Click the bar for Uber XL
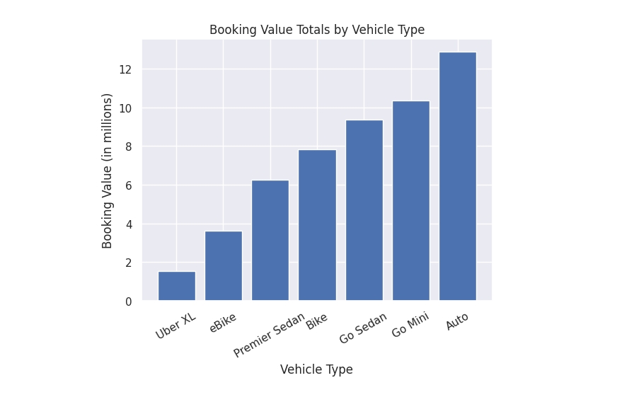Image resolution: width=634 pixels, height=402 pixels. [x=177, y=286]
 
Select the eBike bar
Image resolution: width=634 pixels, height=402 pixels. [x=224, y=265]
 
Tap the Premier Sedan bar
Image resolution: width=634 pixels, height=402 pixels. [x=270, y=240]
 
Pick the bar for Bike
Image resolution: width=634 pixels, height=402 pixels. [x=317, y=225]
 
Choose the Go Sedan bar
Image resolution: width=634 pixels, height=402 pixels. [x=364, y=210]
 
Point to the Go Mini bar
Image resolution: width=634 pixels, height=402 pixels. [x=411, y=200]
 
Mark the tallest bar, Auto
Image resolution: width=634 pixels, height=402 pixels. [x=458, y=176]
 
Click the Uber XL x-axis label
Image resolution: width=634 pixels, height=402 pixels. [x=176, y=326]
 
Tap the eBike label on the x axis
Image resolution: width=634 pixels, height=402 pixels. [x=223, y=322]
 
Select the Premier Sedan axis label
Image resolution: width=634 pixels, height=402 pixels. [x=269, y=335]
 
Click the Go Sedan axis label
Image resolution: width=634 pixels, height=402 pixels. [x=363, y=328]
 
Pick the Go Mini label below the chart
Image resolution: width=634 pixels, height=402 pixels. [x=410, y=325]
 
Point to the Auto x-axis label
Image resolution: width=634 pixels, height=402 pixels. [x=457, y=321]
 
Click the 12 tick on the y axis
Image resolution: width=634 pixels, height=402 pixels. [x=125, y=69]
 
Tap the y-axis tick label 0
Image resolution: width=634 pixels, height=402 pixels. [x=129, y=301]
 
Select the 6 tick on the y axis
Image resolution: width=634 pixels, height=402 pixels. [x=129, y=185]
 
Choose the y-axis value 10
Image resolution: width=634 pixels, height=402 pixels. [x=125, y=108]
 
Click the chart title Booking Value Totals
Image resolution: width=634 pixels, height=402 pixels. [x=317, y=30]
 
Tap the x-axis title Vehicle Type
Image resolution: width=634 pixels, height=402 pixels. [x=316, y=369]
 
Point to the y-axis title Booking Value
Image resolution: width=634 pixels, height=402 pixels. [x=107, y=171]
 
